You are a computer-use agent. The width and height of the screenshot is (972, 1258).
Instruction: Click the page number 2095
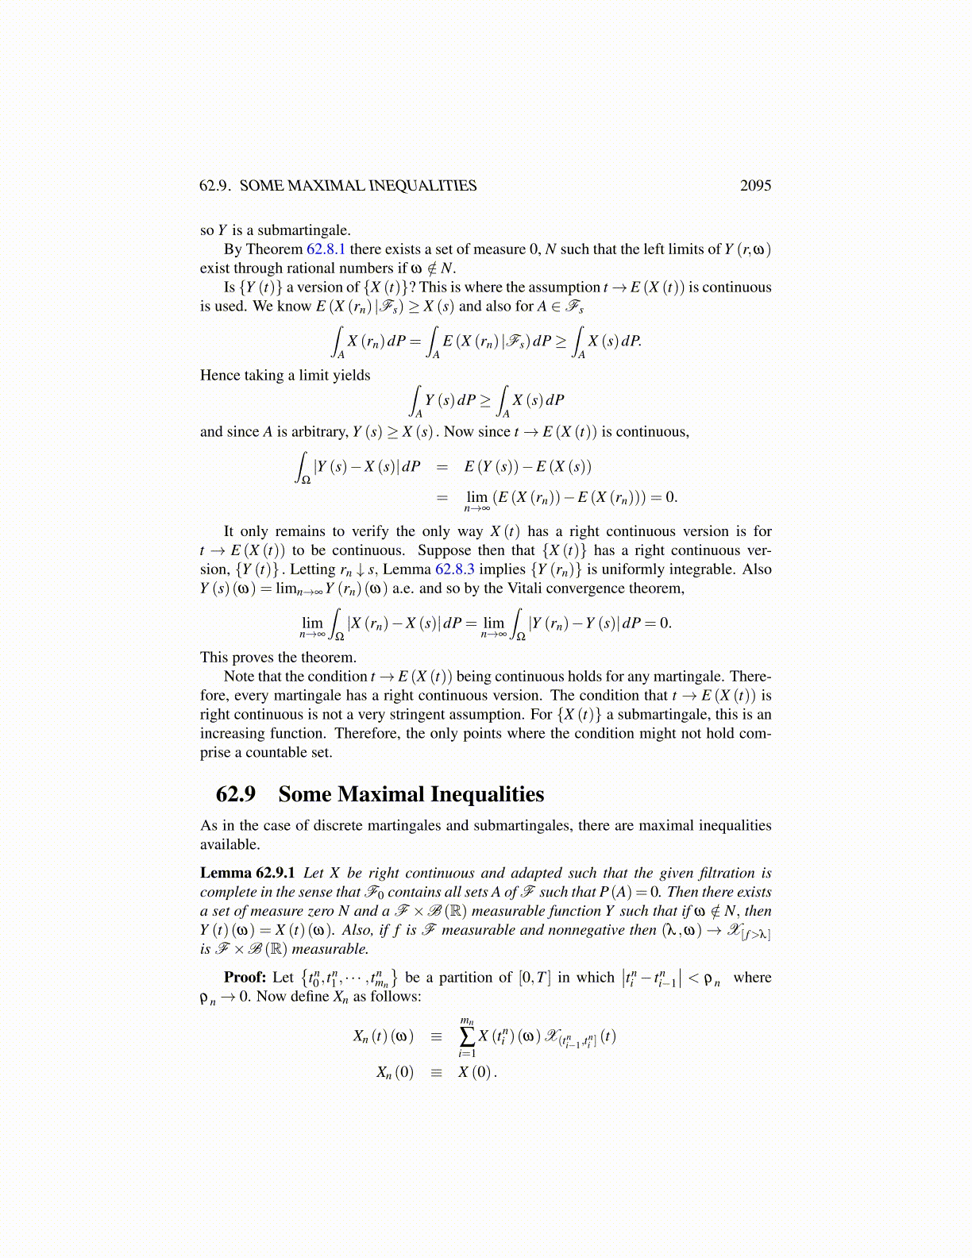click(754, 186)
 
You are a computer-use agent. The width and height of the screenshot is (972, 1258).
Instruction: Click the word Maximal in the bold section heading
click(380, 794)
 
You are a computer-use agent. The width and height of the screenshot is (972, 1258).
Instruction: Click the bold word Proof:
click(245, 978)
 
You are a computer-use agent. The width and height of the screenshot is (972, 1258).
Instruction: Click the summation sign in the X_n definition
click(467, 1036)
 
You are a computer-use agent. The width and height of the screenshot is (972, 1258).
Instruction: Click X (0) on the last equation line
click(475, 1072)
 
